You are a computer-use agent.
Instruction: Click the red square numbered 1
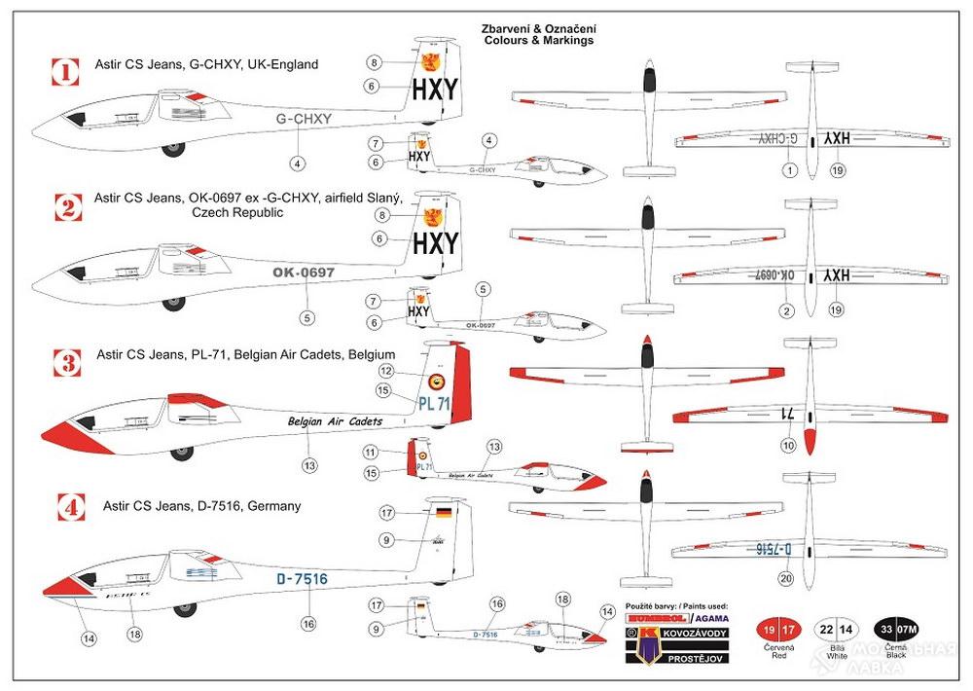click(x=65, y=71)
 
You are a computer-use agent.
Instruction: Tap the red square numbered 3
click(x=65, y=364)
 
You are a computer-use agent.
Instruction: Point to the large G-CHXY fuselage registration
click(x=304, y=119)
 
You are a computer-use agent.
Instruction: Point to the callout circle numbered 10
click(x=786, y=447)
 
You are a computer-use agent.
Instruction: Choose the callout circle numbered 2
click(x=786, y=310)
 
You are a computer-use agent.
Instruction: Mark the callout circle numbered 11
click(x=370, y=453)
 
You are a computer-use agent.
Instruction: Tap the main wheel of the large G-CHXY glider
click(x=176, y=149)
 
